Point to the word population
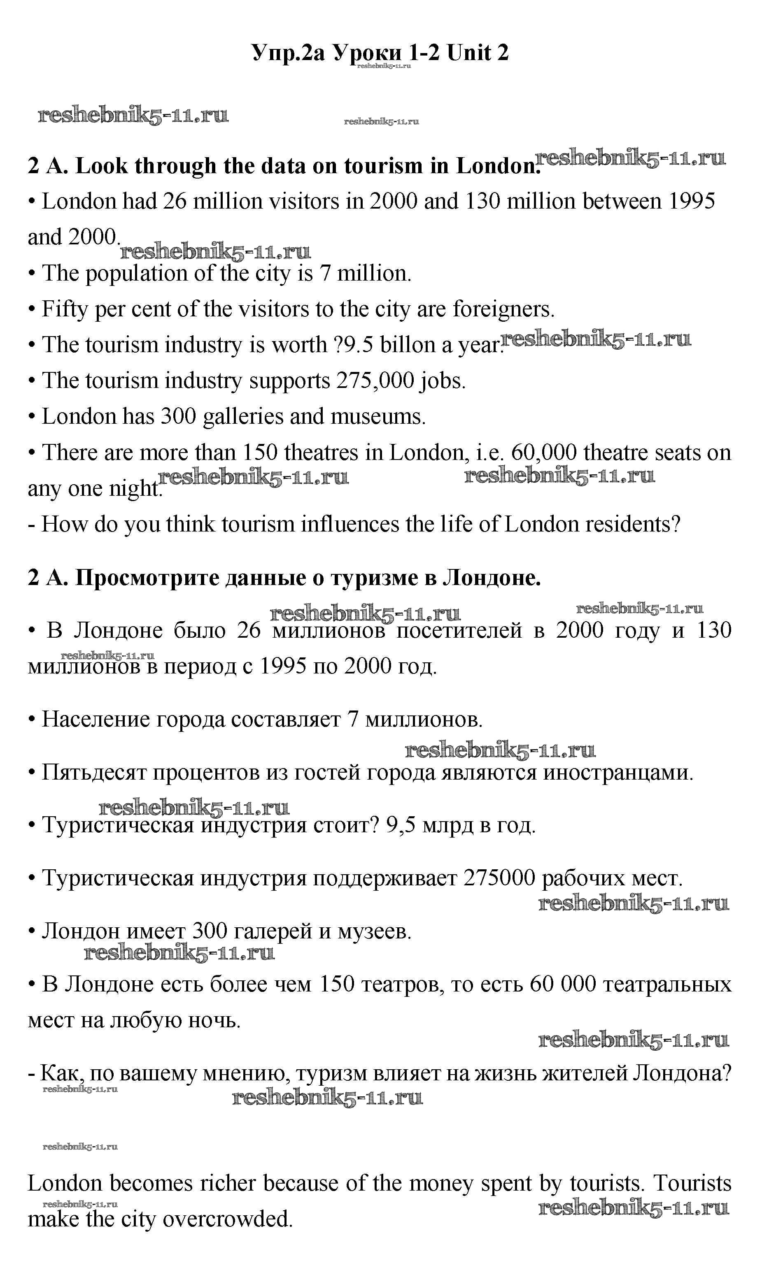136,273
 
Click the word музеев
374,931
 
